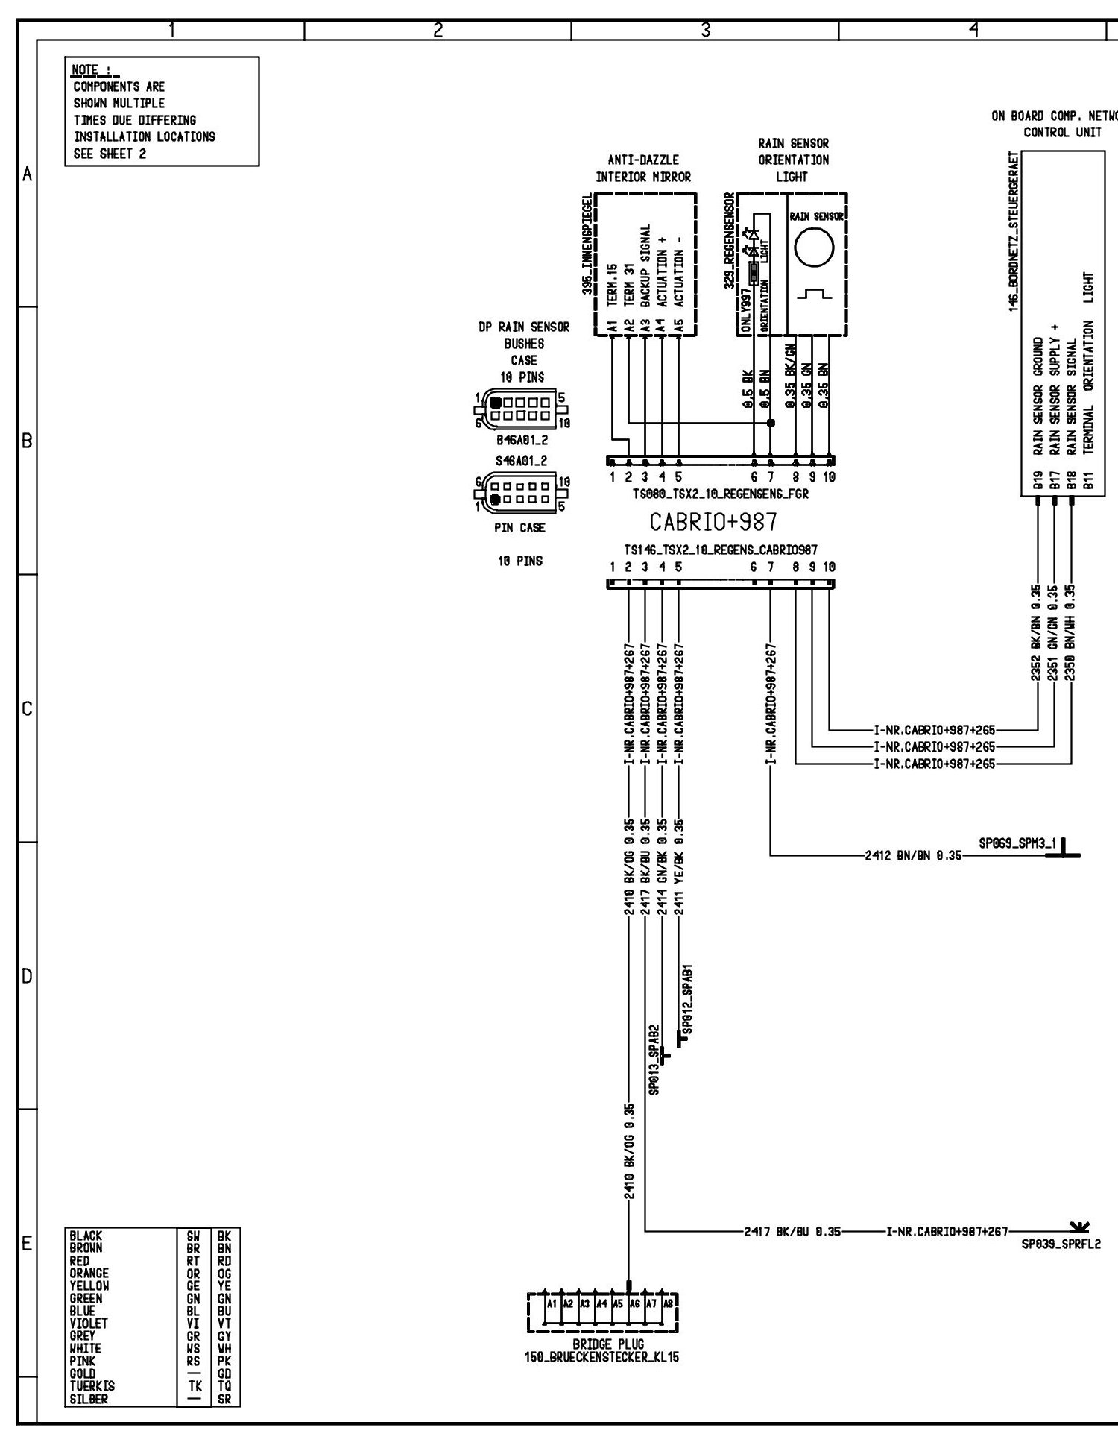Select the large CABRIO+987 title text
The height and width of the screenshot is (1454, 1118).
(713, 521)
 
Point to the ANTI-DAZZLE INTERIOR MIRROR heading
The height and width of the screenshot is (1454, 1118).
(643, 169)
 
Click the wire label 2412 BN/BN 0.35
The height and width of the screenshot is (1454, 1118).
(913, 857)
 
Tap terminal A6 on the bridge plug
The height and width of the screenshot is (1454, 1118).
(634, 1304)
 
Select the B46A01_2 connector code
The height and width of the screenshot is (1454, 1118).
(522, 441)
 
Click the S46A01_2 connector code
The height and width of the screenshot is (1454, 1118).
(522, 461)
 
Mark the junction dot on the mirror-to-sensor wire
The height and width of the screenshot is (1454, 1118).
(771, 423)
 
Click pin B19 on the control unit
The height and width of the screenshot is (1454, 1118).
(1038, 484)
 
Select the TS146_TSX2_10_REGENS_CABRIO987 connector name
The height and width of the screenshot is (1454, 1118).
(721, 550)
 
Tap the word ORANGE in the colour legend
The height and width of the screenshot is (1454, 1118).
(89, 1273)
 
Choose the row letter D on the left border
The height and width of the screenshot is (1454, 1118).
(27, 976)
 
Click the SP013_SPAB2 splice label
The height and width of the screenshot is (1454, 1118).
(654, 1059)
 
